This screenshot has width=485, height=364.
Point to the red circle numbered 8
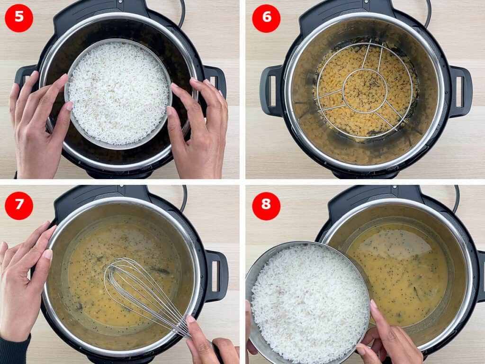point(266,206)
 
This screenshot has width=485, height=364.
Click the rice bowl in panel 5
point(118,93)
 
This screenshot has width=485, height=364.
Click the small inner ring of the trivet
point(365,90)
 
